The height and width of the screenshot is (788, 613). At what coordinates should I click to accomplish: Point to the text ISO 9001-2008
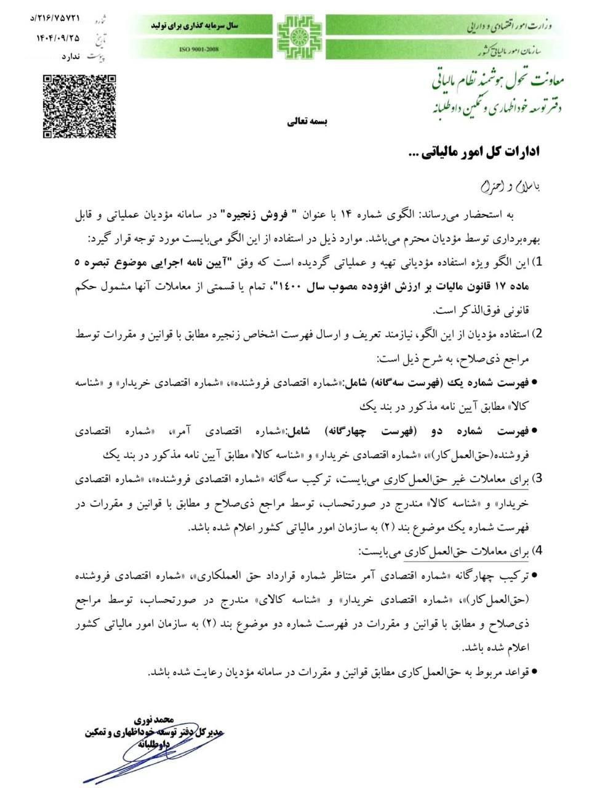pyautogui.click(x=199, y=49)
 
